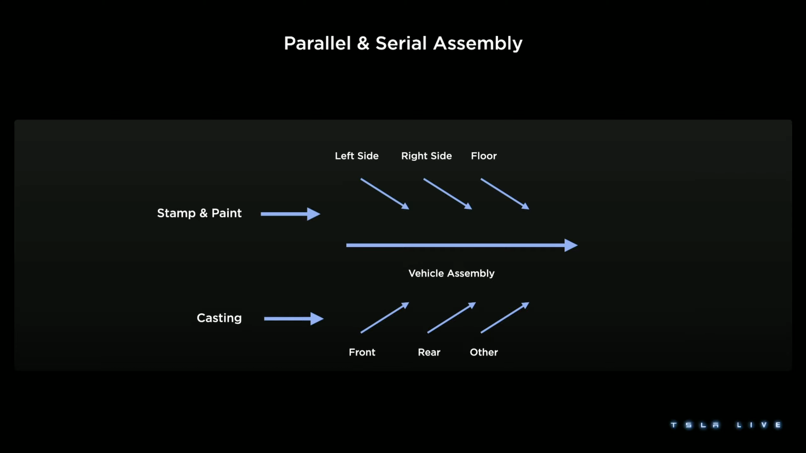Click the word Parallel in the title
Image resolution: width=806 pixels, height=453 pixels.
coord(317,43)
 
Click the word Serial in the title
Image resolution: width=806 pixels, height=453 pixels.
coord(401,43)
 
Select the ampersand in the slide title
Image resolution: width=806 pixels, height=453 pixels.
coord(363,43)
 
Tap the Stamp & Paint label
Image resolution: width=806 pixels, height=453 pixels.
coord(199,213)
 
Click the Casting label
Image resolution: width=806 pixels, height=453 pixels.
coord(219,318)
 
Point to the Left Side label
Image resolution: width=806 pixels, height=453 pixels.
coord(357,156)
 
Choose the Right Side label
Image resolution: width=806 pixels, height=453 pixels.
coord(426,156)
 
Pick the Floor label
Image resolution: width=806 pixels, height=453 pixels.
coord(484,156)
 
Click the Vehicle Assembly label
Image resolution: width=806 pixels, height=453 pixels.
coord(451,273)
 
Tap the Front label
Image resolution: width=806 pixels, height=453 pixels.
coord(362,352)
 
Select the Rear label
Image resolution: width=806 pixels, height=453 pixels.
coord(429,352)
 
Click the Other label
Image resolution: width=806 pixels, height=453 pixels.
coord(484,352)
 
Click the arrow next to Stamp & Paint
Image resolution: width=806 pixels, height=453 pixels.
coord(290,214)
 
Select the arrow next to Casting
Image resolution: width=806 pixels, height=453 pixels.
coord(293,319)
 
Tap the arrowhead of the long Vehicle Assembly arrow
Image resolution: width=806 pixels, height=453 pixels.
coord(571,245)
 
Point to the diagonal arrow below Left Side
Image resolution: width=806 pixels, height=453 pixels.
coord(384,194)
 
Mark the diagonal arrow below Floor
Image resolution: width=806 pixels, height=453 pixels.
coord(505,194)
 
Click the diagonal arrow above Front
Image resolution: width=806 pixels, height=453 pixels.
coord(384,318)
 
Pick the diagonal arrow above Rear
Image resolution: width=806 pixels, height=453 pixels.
coord(451,318)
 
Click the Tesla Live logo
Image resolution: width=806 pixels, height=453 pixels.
coord(725,425)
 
